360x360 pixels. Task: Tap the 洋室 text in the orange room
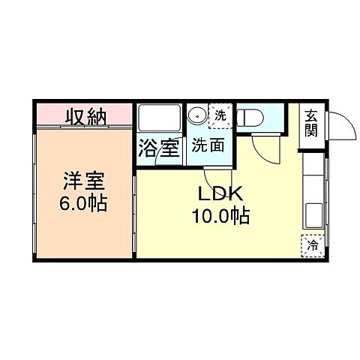[82, 182]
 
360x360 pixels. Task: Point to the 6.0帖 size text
[82, 202]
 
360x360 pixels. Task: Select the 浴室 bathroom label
[158, 147]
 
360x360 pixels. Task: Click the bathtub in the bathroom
[158, 119]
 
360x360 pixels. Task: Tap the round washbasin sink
[198, 116]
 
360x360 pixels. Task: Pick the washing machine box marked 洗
[220, 115]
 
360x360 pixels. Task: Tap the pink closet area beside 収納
[124, 117]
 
